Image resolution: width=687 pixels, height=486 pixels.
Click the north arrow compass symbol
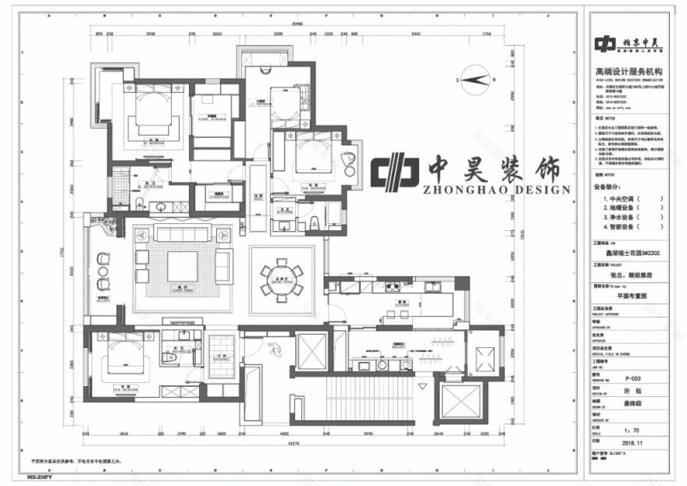tap(475, 78)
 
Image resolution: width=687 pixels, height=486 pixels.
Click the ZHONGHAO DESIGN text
tap(497, 190)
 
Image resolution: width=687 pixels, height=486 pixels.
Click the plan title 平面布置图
tap(632, 296)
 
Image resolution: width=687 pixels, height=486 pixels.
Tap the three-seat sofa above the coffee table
tap(181, 235)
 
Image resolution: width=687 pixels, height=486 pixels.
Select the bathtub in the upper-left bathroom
tap(120, 187)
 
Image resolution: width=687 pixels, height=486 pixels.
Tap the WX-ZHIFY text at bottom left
tap(39, 475)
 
